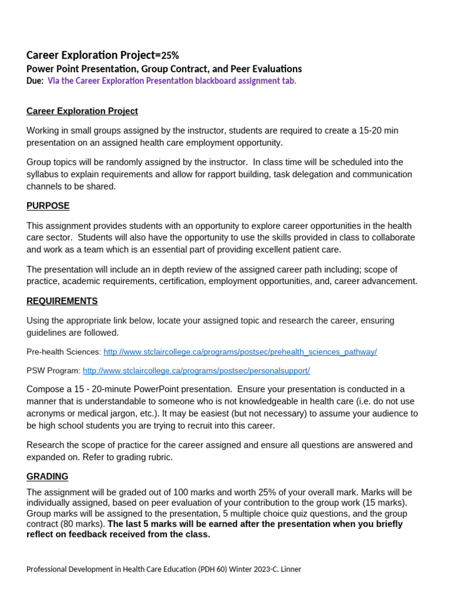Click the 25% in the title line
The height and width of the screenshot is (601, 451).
point(170,56)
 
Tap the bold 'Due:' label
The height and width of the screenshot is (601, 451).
point(35,81)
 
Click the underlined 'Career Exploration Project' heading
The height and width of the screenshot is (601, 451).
point(82,111)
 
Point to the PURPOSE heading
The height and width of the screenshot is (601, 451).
point(48,206)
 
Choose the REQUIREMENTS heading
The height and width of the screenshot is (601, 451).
point(62,301)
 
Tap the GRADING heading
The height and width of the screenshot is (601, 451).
point(48,477)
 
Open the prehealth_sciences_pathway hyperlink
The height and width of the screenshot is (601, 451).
point(240,352)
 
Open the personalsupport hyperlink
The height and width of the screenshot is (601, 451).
point(196,371)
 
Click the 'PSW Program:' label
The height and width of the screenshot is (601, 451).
point(53,371)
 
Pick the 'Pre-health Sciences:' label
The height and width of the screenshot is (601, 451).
point(64,352)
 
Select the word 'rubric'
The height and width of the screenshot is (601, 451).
point(159,457)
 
